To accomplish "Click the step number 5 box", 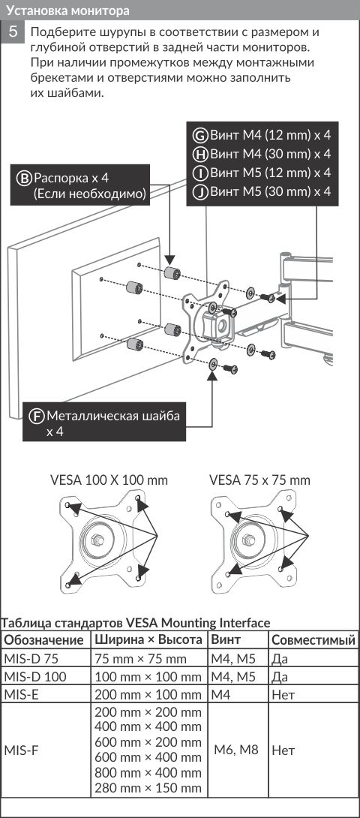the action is [14, 32].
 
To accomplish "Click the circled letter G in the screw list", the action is [199, 136].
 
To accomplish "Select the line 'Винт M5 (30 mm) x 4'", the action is [270, 191].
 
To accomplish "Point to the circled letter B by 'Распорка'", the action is [25, 178].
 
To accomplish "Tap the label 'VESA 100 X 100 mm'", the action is [109, 480].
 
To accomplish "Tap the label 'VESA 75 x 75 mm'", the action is [259, 480].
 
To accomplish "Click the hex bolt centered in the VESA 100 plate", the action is [97, 538].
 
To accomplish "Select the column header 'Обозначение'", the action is [43, 640].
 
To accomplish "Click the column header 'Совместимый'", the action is [313, 640].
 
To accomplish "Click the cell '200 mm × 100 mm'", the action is [148, 695].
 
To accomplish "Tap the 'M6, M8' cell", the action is [235, 750].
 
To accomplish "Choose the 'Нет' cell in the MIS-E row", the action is [283, 695].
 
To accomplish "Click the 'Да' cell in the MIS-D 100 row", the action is [280, 677].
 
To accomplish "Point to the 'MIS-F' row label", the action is [20, 750].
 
